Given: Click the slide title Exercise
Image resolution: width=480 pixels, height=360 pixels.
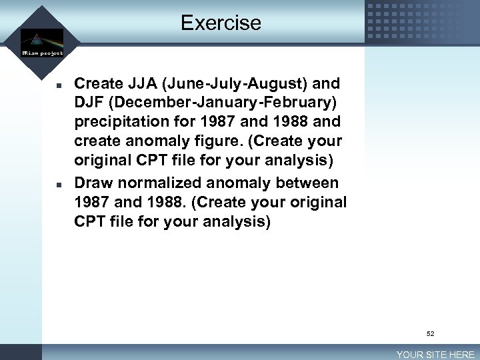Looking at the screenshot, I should tap(221, 23).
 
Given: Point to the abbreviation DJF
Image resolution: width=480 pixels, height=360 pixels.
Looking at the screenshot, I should tap(91, 103).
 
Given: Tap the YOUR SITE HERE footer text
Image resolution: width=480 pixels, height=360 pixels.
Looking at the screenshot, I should tap(435, 355).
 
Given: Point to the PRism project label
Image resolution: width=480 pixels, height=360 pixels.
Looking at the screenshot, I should tap(42, 52).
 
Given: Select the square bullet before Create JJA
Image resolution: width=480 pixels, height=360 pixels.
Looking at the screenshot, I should tap(59, 85).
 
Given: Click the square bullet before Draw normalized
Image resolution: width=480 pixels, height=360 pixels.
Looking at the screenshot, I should tap(59, 183).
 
